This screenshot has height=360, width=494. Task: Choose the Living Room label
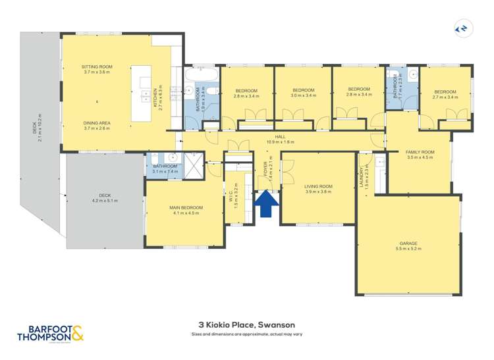tap(318, 189)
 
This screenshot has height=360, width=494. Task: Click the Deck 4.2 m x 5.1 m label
tap(104, 197)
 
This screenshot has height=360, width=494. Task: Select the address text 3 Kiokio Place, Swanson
tap(246, 324)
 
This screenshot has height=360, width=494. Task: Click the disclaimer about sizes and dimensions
tap(246, 334)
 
